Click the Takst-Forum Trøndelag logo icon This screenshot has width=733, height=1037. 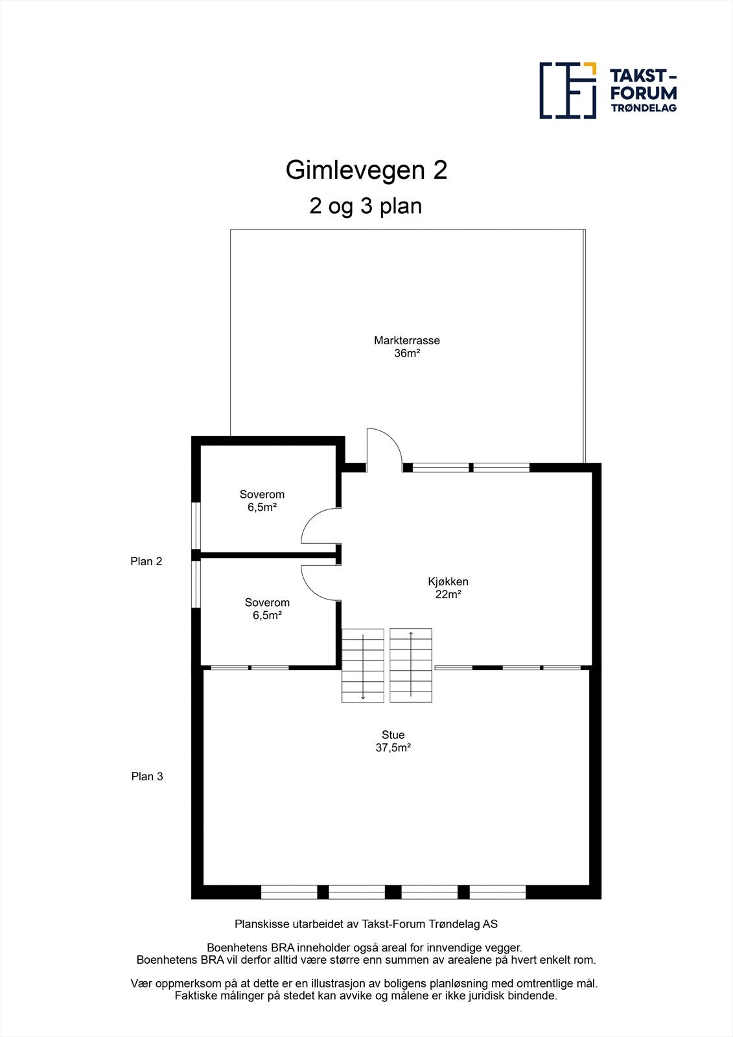click(568, 91)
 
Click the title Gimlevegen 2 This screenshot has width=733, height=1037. click(366, 170)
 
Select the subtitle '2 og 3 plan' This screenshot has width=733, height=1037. click(366, 206)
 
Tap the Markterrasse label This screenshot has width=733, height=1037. click(407, 340)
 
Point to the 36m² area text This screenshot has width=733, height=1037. click(407, 353)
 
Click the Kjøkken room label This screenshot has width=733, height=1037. click(448, 581)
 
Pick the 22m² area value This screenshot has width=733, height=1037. click(448, 594)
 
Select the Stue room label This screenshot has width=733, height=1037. click(393, 734)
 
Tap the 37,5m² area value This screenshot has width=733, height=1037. click(393, 747)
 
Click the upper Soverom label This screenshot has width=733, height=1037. click(262, 495)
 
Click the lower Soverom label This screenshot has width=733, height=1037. click(267, 603)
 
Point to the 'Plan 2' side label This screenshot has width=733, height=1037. click(146, 561)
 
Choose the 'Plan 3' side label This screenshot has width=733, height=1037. click(147, 776)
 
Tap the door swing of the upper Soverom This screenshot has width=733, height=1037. click(320, 526)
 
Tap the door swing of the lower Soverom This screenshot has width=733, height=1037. click(320, 581)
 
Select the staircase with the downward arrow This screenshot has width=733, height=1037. click(363, 666)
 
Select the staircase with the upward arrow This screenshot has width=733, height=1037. click(411, 666)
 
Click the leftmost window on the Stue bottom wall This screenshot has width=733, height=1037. click(289, 892)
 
